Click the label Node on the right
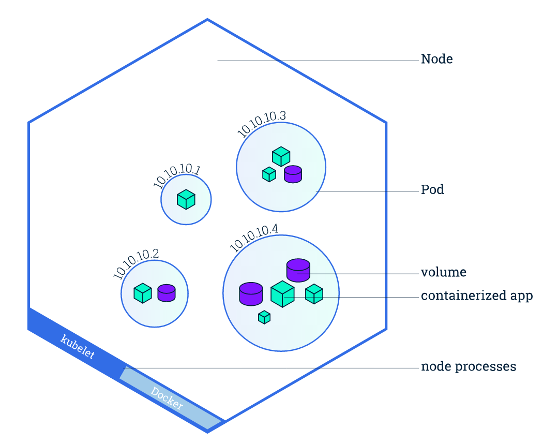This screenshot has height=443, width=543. click(436, 59)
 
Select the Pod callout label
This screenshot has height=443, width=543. click(432, 190)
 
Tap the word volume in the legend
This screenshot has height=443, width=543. click(443, 272)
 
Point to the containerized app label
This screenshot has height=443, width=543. click(476, 296)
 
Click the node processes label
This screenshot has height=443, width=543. click(468, 367)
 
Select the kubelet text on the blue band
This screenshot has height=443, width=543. click(78, 347)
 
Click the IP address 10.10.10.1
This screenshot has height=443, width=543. click(176, 176)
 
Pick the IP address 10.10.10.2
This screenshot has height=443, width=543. click(135, 264)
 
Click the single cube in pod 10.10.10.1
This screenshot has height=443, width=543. click(186, 199)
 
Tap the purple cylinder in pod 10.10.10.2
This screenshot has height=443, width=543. click(167, 293)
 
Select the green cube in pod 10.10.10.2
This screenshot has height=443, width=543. click(142, 293)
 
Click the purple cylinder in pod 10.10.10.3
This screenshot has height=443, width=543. click(293, 174)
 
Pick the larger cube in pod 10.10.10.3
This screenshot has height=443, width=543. click(281, 156)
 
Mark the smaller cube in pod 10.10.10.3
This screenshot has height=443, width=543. click(269, 174)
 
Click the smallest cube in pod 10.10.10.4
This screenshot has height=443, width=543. click(264, 317)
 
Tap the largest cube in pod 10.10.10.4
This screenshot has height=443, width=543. click(282, 294)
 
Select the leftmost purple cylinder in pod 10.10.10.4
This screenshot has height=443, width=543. click(251, 293)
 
